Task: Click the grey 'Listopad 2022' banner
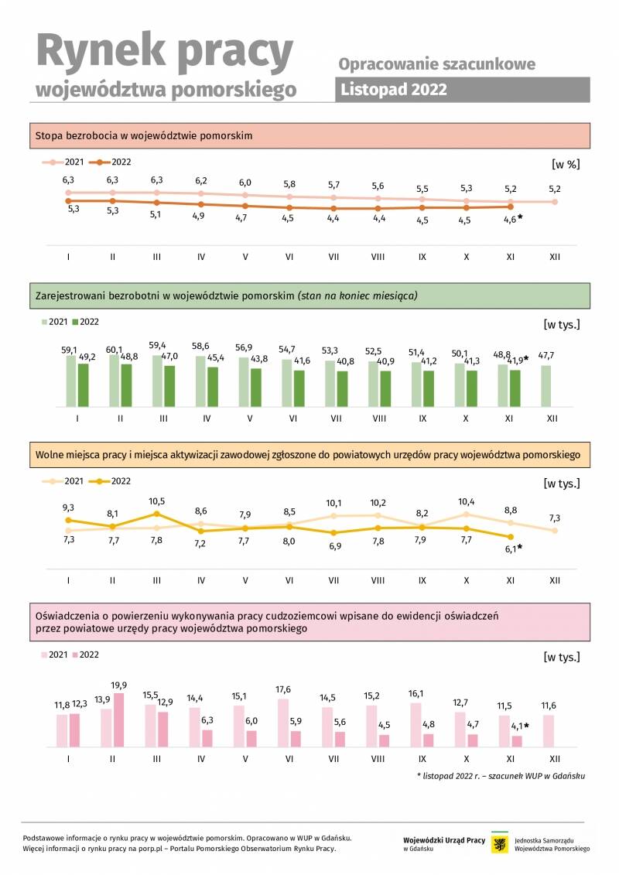(x=462, y=89)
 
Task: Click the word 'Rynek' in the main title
(x=101, y=51)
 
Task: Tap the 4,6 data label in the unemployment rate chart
(x=510, y=220)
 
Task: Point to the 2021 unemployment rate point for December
(x=555, y=202)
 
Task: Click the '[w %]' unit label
(x=566, y=164)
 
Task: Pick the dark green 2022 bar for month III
(x=169, y=386)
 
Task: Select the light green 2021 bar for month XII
(x=546, y=386)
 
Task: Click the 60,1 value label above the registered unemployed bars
(x=114, y=350)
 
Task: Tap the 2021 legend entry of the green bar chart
(x=54, y=322)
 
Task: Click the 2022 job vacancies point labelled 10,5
(x=157, y=514)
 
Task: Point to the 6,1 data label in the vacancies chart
(x=511, y=549)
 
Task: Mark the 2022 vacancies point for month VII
(x=333, y=533)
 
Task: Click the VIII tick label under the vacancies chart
(x=378, y=580)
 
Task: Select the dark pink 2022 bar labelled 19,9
(x=118, y=719)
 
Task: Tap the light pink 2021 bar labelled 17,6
(x=283, y=723)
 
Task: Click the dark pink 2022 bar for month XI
(x=517, y=742)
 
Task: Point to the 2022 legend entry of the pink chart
(x=85, y=655)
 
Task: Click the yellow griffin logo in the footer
(x=500, y=844)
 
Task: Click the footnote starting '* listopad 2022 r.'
(x=501, y=776)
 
